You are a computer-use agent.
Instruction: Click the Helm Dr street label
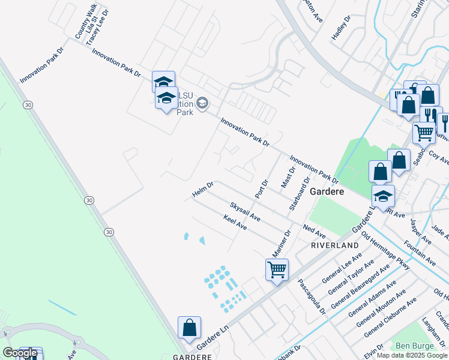pyautogui.click(x=203, y=190)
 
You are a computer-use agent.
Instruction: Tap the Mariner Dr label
pyautogui.click(x=282, y=243)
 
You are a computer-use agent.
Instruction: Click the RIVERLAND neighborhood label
pyautogui.click(x=334, y=246)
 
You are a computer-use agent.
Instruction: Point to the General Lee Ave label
pyautogui.click(x=342, y=268)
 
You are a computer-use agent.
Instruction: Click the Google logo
pyautogui.click(x=20, y=353)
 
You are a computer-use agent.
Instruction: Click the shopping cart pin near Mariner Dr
pyautogui.click(x=277, y=269)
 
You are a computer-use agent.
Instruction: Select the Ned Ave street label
pyautogui.click(x=314, y=232)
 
